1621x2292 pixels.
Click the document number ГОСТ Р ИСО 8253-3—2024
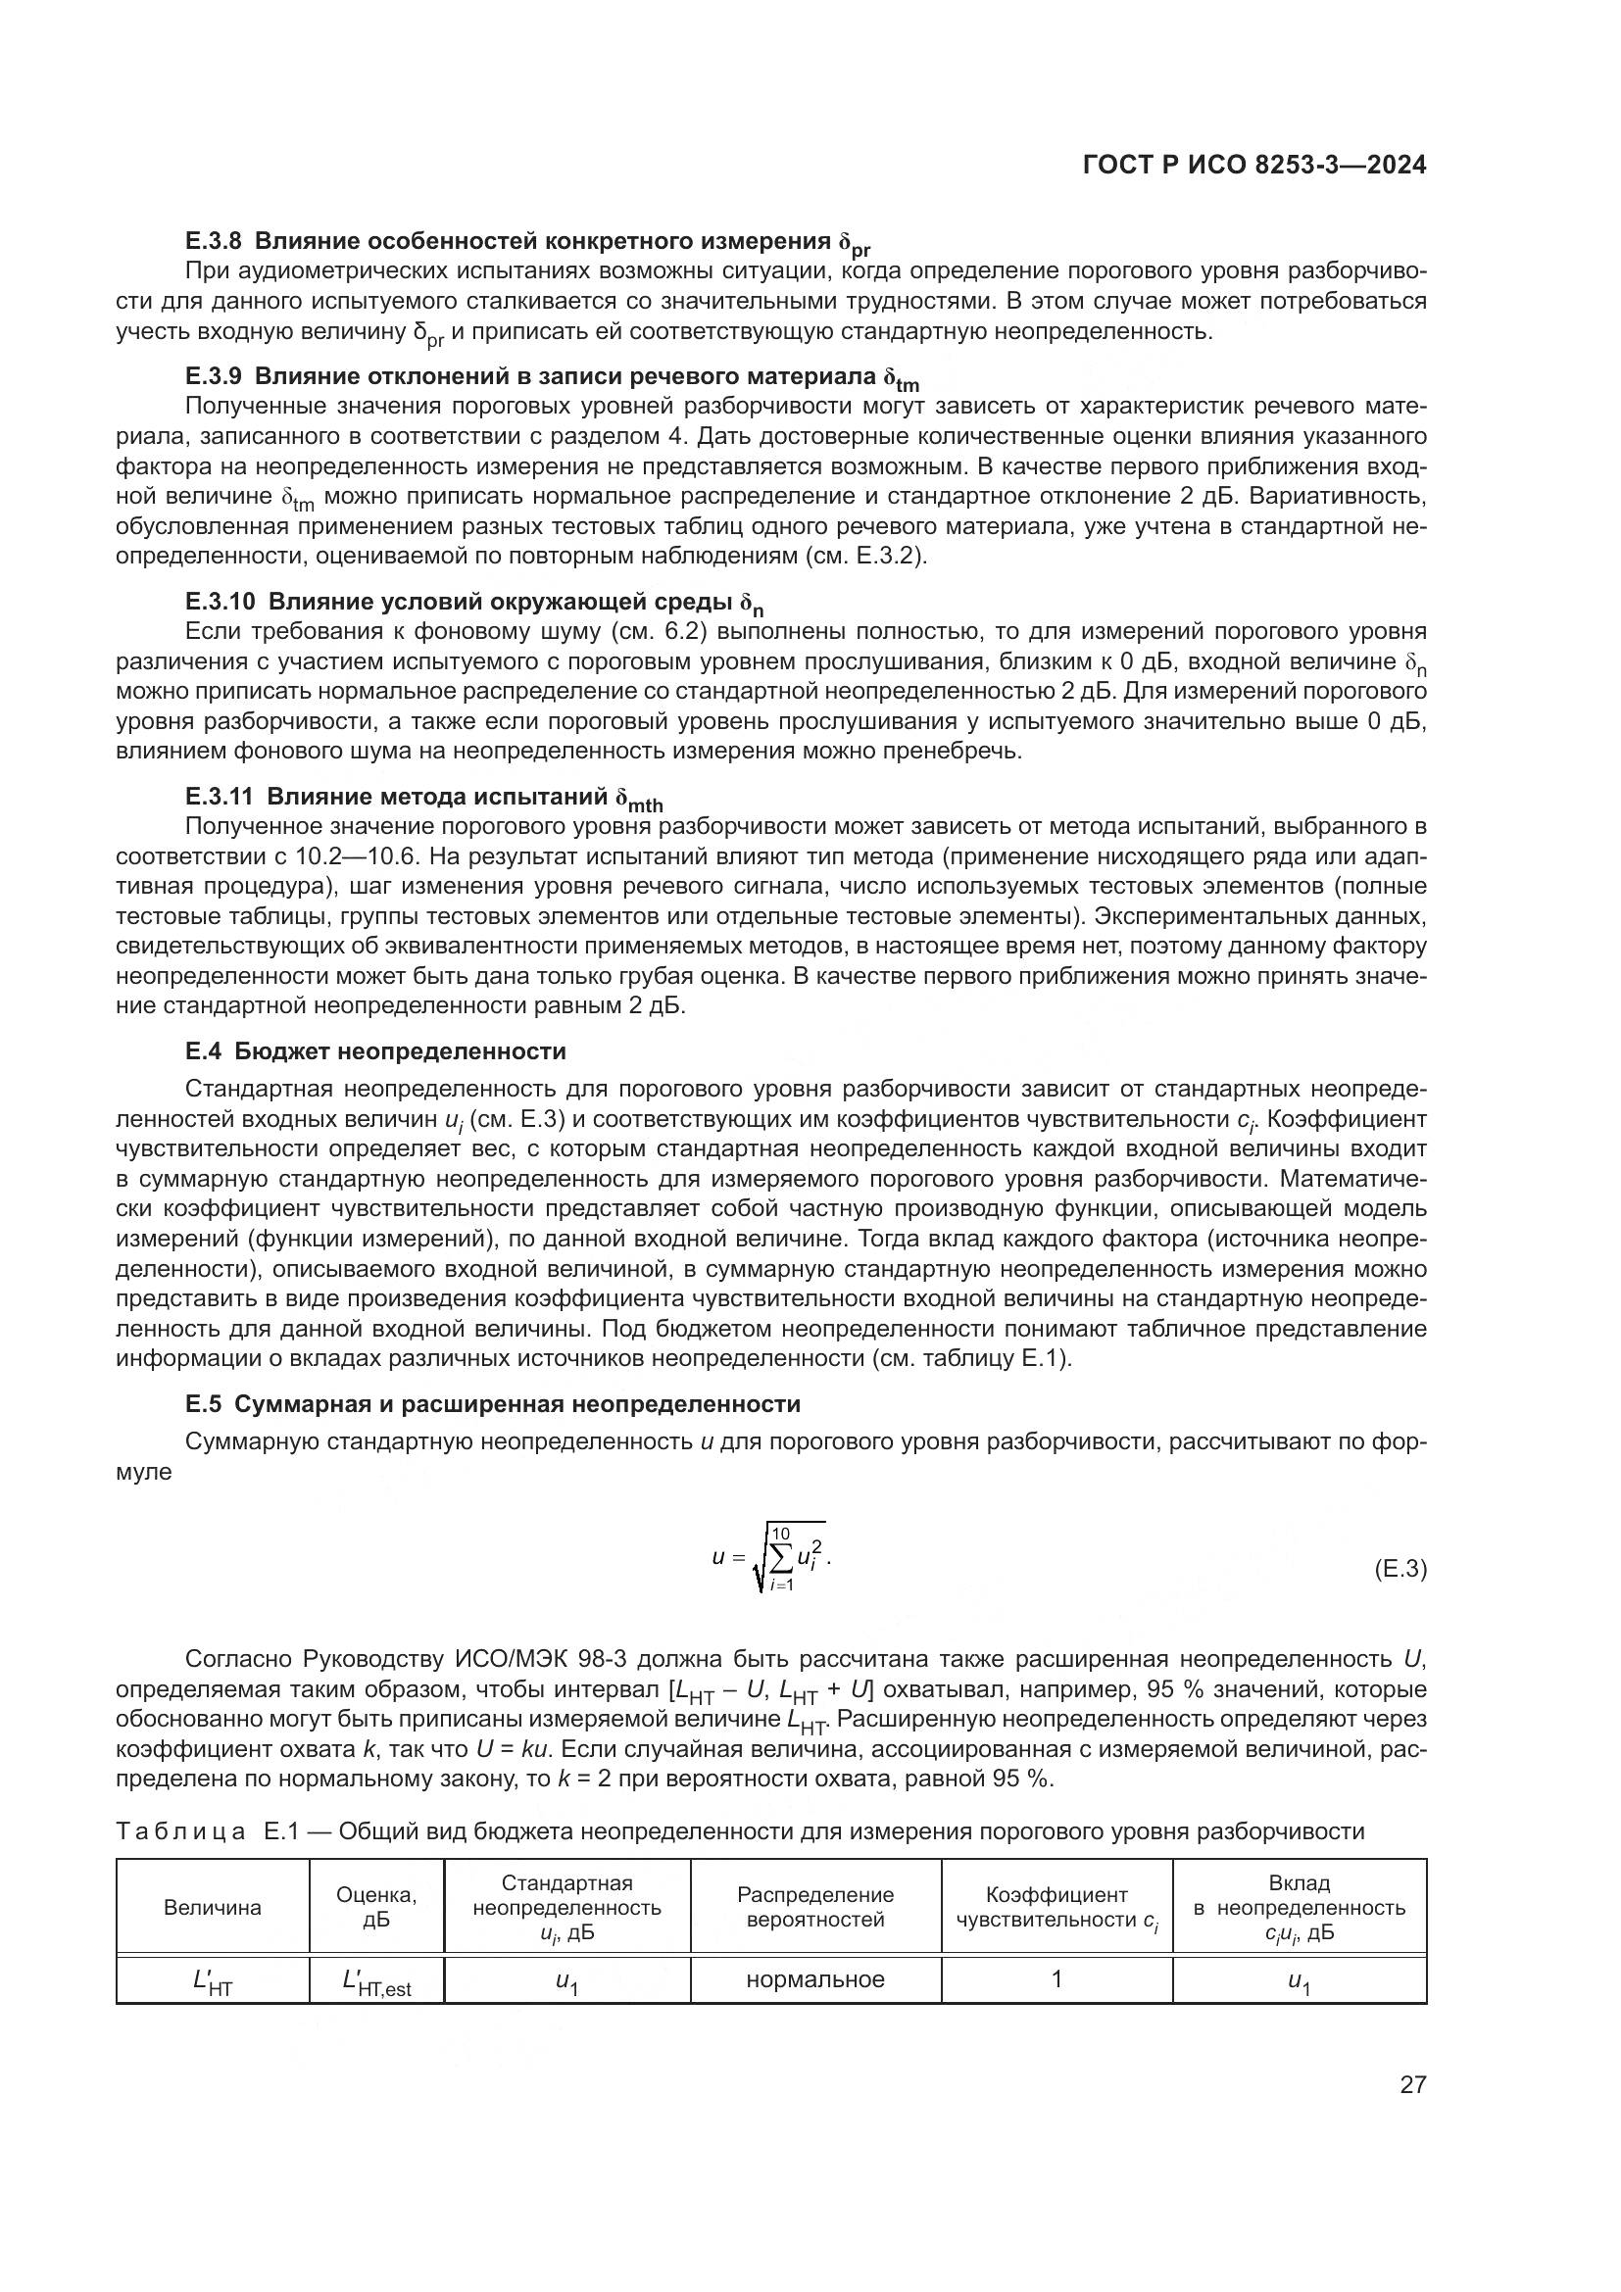tap(1253, 166)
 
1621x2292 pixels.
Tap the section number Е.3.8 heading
tap(214, 242)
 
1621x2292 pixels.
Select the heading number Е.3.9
tap(214, 376)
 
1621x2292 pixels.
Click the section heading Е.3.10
tap(220, 602)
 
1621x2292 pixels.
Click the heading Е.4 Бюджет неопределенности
tap(375, 1051)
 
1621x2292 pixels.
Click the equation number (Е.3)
tap(1400, 1568)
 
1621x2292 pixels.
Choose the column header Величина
tap(213, 1908)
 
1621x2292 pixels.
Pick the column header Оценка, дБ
tap(376, 1908)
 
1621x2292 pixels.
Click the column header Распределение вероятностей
tap(815, 1908)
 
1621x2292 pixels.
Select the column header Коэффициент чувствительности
tap(1056, 1908)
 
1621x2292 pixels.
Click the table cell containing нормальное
tap(815, 1979)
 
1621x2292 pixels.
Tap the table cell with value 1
tap(1056, 1978)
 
